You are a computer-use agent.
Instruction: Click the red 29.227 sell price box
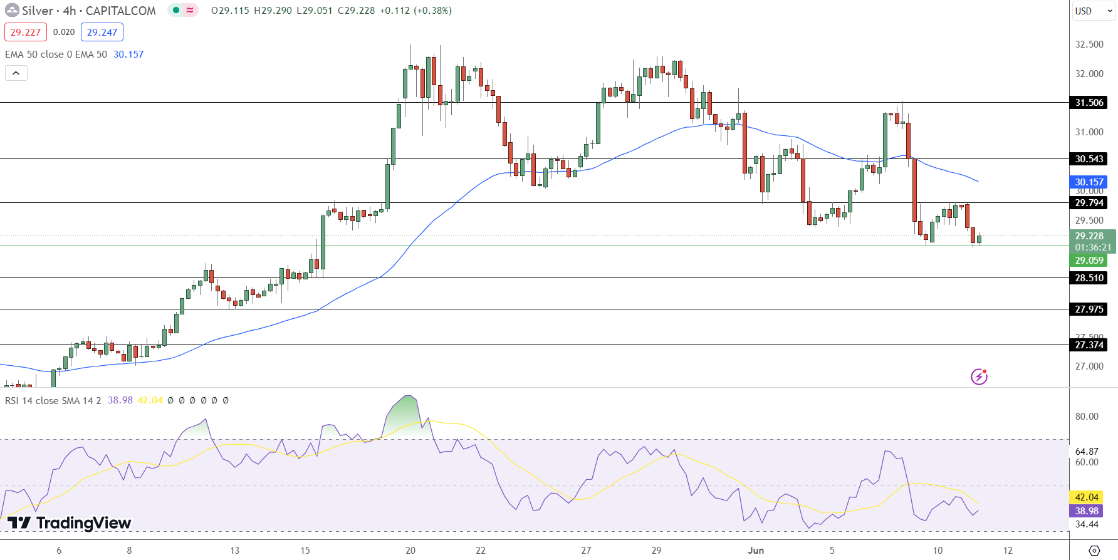[x=26, y=32]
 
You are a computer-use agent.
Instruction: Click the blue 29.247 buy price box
[x=102, y=32]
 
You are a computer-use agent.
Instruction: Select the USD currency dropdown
[x=1093, y=11]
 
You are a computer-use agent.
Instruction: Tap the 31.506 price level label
[x=1089, y=103]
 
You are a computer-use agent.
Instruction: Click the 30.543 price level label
[x=1089, y=159]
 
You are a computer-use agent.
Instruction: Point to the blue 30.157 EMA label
[x=1089, y=182]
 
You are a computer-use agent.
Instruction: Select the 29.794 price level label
[x=1089, y=203]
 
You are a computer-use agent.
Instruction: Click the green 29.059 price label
[x=1089, y=261]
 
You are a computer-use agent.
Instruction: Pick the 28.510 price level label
[x=1089, y=278]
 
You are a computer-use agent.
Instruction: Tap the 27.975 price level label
[x=1089, y=309]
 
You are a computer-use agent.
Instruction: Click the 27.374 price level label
[x=1089, y=345]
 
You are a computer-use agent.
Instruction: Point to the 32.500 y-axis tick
[x=1089, y=44]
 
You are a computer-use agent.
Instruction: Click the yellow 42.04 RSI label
[x=1087, y=497]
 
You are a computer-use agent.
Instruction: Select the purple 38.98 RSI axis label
[x=1087, y=511]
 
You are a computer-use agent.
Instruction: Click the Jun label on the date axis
[x=756, y=551]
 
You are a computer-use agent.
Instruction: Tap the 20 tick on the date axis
[x=410, y=551]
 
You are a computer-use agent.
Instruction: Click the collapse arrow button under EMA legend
[x=16, y=73]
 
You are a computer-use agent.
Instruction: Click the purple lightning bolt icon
[x=979, y=376]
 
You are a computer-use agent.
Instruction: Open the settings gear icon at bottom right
[x=1094, y=551]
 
